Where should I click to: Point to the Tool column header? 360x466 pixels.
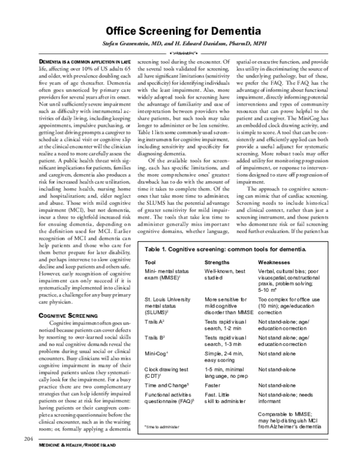tap(151, 296)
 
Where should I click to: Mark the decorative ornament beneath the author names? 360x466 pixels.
tap(180, 53)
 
